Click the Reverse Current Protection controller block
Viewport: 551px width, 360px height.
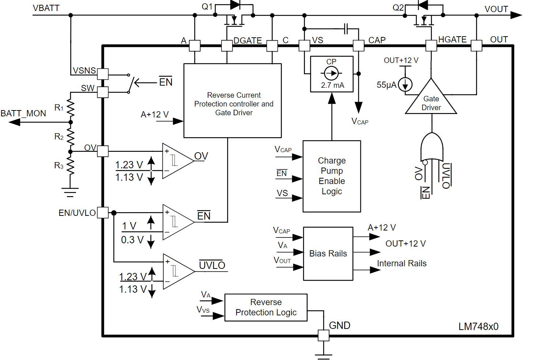(x=233, y=101)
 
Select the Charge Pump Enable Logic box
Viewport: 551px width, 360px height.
(x=332, y=176)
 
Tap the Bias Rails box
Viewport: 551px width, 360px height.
(x=328, y=254)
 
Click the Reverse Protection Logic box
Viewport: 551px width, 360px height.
(x=266, y=307)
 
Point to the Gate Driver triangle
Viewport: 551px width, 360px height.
(x=431, y=101)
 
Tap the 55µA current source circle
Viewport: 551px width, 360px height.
(x=405, y=85)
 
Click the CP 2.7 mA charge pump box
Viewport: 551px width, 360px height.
(x=332, y=74)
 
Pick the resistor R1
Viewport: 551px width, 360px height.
(x=71, y=108)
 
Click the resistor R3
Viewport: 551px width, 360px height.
(x=71, y=166)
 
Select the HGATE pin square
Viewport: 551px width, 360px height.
(x=431, y=46)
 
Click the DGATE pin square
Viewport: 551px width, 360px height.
(x=227, y=46)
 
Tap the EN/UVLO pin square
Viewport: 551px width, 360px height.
(x=103, y=213)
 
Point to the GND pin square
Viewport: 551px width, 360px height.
(x=324, y=335)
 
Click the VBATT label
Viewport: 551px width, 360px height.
(x=46, y=8)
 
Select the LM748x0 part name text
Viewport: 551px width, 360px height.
(x=478, y=326)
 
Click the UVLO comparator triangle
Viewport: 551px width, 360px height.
(x=177, y=271)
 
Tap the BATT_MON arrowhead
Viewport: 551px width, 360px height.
(x=15, y=122)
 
